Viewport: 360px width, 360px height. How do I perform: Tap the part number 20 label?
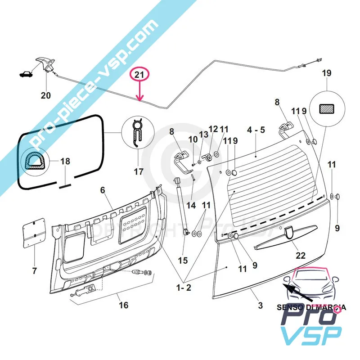45,95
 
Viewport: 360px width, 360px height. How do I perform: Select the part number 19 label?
326,73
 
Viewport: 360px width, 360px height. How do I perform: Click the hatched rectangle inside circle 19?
326,108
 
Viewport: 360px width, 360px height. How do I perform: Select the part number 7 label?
34,270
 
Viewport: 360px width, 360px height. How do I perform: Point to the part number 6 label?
103,190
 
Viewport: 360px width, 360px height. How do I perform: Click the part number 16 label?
123,306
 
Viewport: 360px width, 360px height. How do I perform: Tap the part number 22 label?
300,255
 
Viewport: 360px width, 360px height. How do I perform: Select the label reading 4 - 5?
256,130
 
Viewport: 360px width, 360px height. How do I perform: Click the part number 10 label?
193,139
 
